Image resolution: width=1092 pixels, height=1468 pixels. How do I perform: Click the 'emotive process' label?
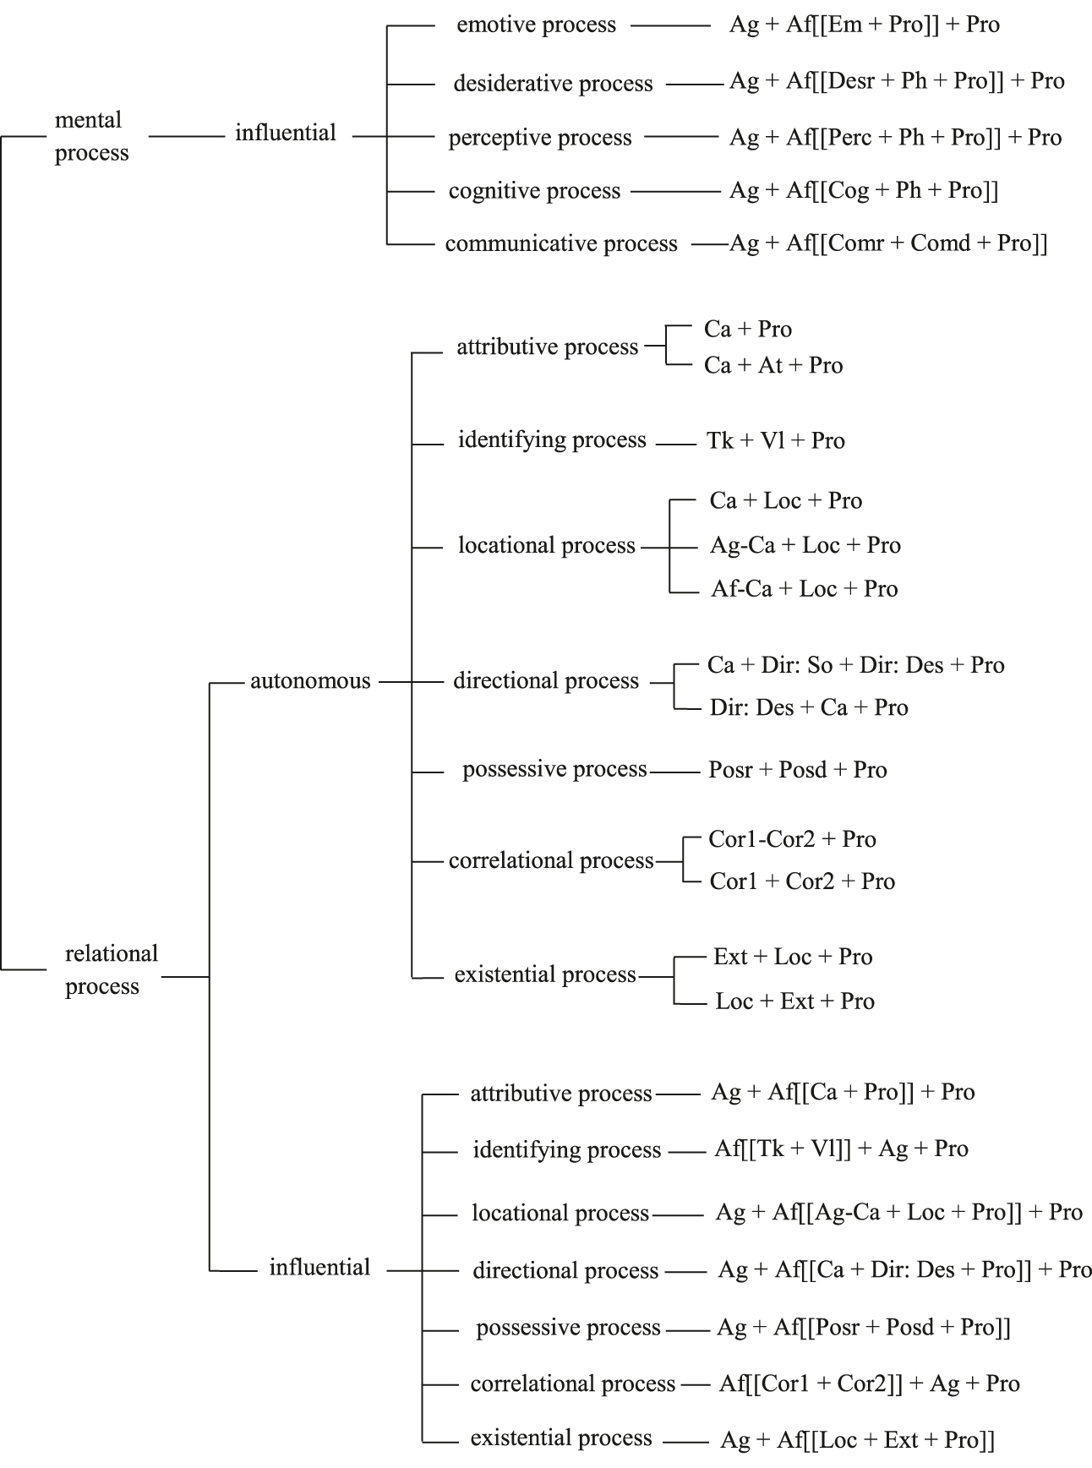pos(536,25)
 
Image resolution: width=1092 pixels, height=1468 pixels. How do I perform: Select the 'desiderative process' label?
pos(553,84)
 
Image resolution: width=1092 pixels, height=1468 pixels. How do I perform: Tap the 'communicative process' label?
pos(561,244)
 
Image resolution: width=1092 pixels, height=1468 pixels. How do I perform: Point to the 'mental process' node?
pos(91,136)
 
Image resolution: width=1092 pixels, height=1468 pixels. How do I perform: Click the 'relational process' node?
pos(111,969)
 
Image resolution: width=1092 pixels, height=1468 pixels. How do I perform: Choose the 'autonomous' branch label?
pos(310,681)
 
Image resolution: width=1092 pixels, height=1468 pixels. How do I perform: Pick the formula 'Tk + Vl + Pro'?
pos(775,441)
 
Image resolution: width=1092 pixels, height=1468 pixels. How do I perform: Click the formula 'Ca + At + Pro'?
pos(773,366)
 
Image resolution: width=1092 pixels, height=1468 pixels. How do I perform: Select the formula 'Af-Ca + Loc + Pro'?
pos(804,589)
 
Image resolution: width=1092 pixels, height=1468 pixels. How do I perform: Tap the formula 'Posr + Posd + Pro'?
pos(797,771)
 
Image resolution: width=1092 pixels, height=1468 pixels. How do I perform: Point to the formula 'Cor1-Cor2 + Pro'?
pos(792,840)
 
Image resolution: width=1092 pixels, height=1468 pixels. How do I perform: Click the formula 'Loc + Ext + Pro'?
pos(794,1001)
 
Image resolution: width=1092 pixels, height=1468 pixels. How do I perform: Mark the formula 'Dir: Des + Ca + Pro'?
pos(808,708)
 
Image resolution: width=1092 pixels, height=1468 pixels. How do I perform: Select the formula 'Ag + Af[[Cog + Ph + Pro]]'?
pos(863,191)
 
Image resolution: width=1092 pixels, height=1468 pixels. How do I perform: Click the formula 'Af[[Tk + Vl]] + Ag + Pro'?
pos(841,1149)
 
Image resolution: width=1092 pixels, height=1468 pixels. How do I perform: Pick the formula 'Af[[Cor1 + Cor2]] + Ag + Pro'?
pos(869,1384)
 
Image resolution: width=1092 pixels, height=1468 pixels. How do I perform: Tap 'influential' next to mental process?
pos(286,134)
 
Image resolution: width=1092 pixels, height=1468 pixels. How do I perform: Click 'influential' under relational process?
pos(319,1268)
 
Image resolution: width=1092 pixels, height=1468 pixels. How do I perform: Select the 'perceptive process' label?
pos(540,138)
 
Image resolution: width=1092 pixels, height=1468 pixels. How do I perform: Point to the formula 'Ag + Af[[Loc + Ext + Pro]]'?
pos(857,1440)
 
